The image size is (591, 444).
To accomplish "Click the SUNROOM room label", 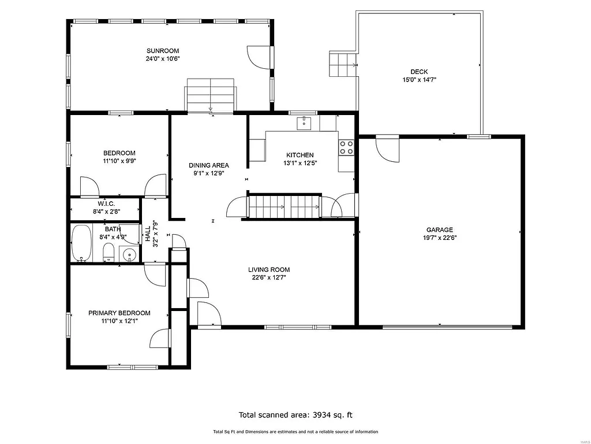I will click(x=162, y=51).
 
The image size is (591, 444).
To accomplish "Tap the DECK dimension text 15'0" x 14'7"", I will click(x=419, y=80).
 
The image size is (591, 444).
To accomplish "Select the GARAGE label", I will click(x=439, y=230).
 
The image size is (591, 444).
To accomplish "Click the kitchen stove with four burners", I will click(x=346, y=147).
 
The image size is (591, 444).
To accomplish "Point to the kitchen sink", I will click(x=304, y=123).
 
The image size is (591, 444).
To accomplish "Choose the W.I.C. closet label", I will click(x=106, y=204).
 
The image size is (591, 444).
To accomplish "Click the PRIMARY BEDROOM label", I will click(x=119, y=313).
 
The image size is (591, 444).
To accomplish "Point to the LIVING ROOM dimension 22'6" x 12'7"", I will click(x=268, y=277).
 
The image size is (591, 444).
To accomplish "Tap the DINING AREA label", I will click(x=208, y=165).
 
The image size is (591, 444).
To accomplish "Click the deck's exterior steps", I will click(x=341, y=64).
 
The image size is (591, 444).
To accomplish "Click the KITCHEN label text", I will click(x=300, y=155).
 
